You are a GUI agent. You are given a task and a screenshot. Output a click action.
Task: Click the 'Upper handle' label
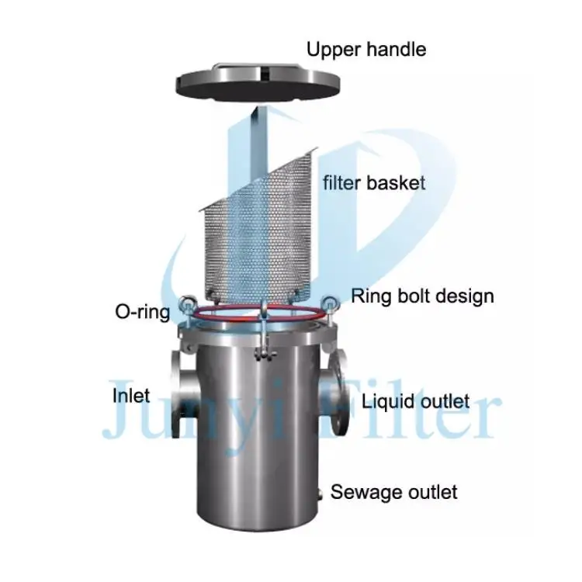click(x=366, y=50)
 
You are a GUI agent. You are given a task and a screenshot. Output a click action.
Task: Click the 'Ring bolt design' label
click(x=423, y=296)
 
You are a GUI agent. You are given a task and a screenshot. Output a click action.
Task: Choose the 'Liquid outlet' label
click(x=416, y=401)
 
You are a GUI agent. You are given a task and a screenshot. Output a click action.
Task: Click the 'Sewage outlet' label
click(x=394, y=492)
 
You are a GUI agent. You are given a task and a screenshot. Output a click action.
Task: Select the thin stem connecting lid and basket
click(x=256, y=140)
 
